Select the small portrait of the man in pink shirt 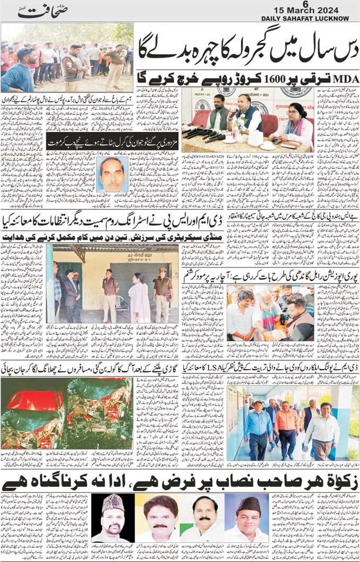click(x=112, y=174)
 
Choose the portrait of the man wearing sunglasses click(x=112, y=516)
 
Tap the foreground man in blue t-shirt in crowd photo click(x=19, y=72)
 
